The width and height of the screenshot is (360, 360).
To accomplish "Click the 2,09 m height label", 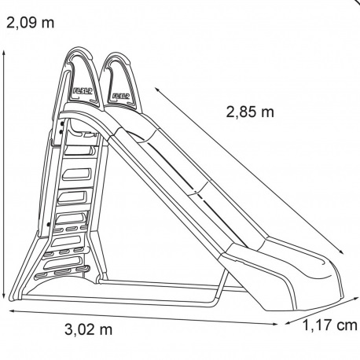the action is tap(30, 23).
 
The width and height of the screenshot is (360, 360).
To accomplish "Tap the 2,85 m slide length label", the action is tap(250, 112).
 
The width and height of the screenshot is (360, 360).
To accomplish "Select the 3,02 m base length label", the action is tap(89, 329).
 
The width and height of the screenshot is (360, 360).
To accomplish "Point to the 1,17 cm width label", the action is tap(330, 325).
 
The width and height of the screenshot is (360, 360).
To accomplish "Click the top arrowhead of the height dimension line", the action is tap(4, 53).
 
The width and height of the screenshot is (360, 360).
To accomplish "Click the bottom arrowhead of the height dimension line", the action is tap(4, 296).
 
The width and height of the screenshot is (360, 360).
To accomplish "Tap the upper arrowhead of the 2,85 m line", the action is tap(156, 89).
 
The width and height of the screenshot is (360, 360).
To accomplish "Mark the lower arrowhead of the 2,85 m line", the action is tap(341, 252).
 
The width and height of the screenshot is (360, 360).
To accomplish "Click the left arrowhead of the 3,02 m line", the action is tap(12, 311).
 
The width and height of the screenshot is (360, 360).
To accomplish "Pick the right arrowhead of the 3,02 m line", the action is tap(275, 324).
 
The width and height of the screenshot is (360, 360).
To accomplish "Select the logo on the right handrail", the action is tap(121, 96).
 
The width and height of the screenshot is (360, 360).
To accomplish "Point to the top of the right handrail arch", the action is tap(116, 54).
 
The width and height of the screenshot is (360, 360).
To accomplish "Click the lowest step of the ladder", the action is tap(62, 273).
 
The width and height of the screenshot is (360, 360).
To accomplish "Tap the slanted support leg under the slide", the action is tap(222, 285).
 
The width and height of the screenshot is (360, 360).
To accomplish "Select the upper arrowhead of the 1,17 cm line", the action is tap(356, 299).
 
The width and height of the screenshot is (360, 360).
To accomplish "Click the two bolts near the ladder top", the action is tap(61, 127).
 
